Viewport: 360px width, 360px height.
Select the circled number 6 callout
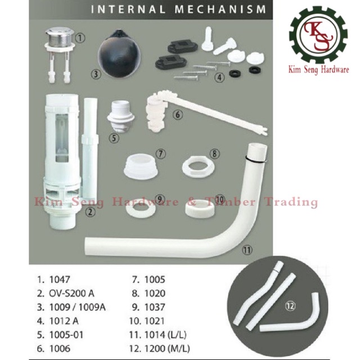point(177,114)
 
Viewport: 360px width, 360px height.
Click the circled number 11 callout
point(247,250)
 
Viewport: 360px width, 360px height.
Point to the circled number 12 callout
point(290,305)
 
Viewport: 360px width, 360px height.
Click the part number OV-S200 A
point(71,294)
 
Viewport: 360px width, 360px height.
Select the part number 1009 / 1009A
point(78,307)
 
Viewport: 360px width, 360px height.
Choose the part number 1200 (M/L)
point(167,349)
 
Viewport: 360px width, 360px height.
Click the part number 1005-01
point(66,335)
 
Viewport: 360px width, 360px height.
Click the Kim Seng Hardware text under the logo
point(319,70)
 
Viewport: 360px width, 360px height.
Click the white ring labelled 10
point(200,208)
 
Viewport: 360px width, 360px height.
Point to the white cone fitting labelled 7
point(141,166)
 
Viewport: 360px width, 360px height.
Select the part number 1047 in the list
point(60,280)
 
